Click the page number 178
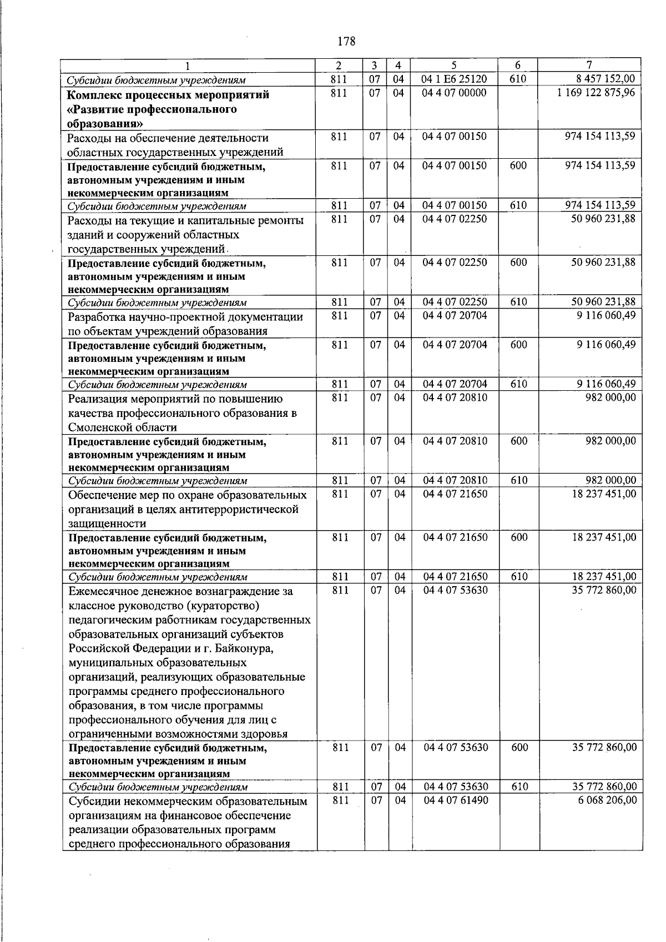click(346, 41)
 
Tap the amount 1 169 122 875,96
click(597, 93)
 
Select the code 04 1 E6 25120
click(454, 79)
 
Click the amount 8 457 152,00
click(606, 79)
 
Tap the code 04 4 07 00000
click(454, 93)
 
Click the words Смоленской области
click(123, 427)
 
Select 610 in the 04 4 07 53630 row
click(519, 787)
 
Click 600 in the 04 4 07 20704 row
click(518, 345)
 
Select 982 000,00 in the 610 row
click(611, 480)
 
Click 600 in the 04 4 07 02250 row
click(518, 262)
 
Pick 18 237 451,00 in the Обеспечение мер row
click(604, 493)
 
